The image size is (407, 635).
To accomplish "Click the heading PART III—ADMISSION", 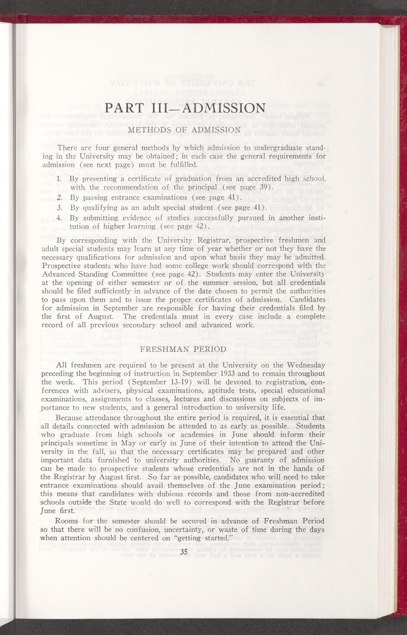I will click(x=185, y=109).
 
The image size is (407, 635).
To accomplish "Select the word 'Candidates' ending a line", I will click(x=304, y=299).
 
